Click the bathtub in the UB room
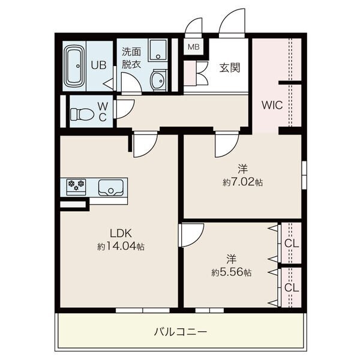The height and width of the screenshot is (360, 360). (x=74, y=66)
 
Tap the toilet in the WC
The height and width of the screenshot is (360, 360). (x=82, y=114)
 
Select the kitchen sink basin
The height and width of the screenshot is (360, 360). (x=110, y=188)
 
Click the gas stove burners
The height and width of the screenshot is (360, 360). (x=76, y=185)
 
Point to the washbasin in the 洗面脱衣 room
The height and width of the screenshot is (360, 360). (x=158, y=80)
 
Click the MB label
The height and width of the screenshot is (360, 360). (x=194, y=47)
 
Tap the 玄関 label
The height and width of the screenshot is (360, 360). (x=230, y=68)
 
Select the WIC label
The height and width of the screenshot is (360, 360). (x=272, y=105)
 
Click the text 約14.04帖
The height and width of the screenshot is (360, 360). (x=121, y=247)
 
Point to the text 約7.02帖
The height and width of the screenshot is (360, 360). (x=242, y=182)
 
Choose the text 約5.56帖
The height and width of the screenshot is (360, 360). (x=232, y=272)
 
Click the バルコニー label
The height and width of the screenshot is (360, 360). (x=181, y=332)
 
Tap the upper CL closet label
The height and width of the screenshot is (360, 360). (x=292, y=244)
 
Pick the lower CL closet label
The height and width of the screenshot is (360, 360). (x=292, y=287)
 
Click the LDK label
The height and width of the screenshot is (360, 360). (x=121, y=233)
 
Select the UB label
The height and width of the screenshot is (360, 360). (x=98, y=65)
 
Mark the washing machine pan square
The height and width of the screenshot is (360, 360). (x=158, y=50)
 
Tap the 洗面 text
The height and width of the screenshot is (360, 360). (x=131, y=52)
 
